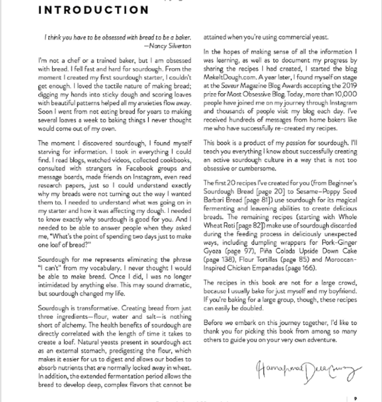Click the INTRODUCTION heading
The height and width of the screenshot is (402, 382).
pos(93,10)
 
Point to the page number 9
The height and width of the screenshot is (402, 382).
pos(355,399)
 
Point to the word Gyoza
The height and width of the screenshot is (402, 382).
pos(212,251)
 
